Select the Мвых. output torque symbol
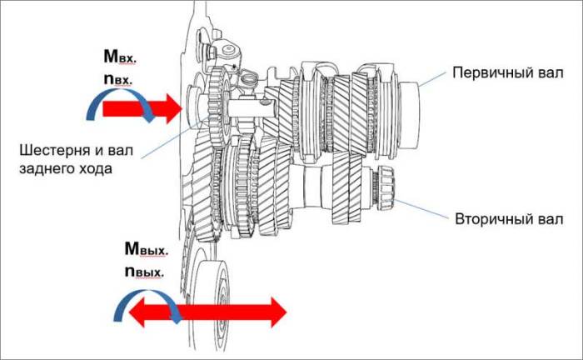[x=145, y=248]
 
